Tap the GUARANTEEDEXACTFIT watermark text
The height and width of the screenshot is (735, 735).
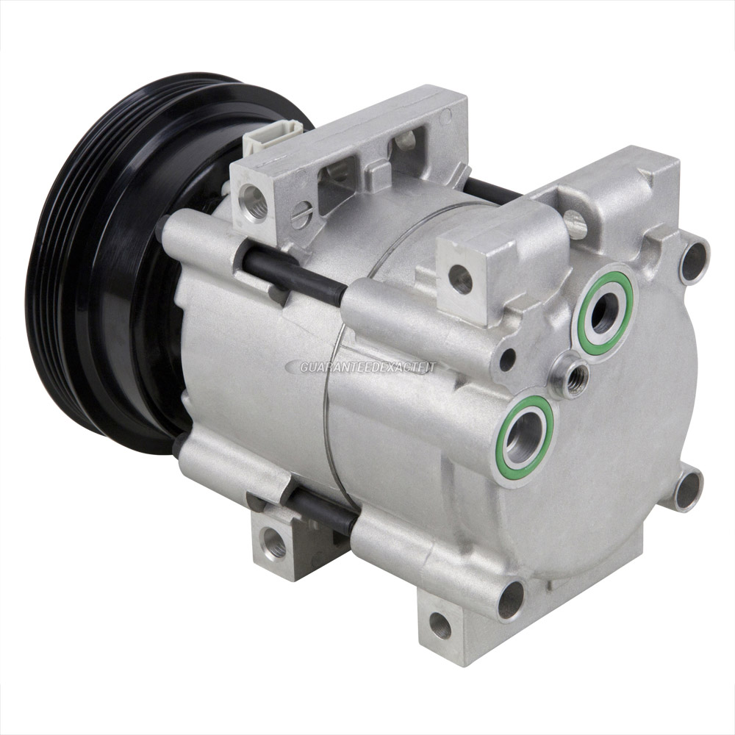point(369,367)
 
